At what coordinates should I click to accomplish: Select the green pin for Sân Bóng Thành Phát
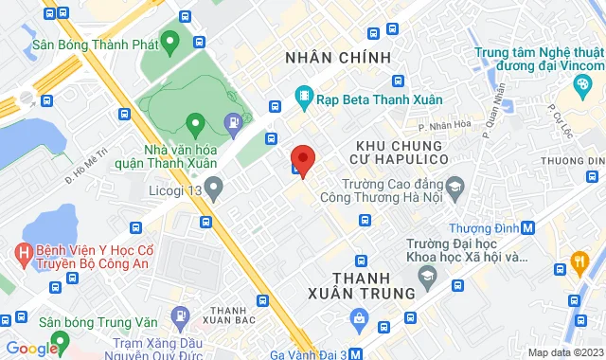tap(170, 42)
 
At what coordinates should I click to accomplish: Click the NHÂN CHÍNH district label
tap(338, 59)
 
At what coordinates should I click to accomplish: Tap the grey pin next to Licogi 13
tap(214, 190)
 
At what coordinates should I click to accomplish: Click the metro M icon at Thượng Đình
tap(527, 227)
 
